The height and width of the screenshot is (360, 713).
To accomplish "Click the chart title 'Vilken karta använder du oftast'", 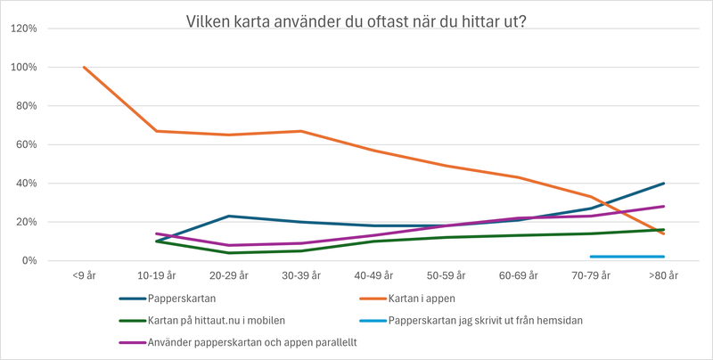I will click(x=356, y=20).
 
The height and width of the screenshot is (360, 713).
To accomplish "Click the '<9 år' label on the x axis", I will click(x=84, y=277).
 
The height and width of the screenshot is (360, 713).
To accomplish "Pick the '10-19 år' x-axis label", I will click(x=156, y=277).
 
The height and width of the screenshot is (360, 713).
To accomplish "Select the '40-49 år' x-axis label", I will click(x=373, y=277).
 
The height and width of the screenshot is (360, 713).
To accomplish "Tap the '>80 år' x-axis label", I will click(x=664, y=277).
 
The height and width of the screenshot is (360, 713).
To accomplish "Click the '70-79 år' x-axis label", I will click(x=591, y=277).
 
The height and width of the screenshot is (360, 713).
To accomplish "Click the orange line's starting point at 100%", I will click(x=84, y=67).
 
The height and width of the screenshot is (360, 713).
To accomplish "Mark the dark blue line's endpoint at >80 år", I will click(x=664, y=184).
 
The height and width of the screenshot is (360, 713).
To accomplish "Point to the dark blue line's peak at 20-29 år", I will click(x=229, y=216).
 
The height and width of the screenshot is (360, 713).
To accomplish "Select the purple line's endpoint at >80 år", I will click(x=664, y=207).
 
